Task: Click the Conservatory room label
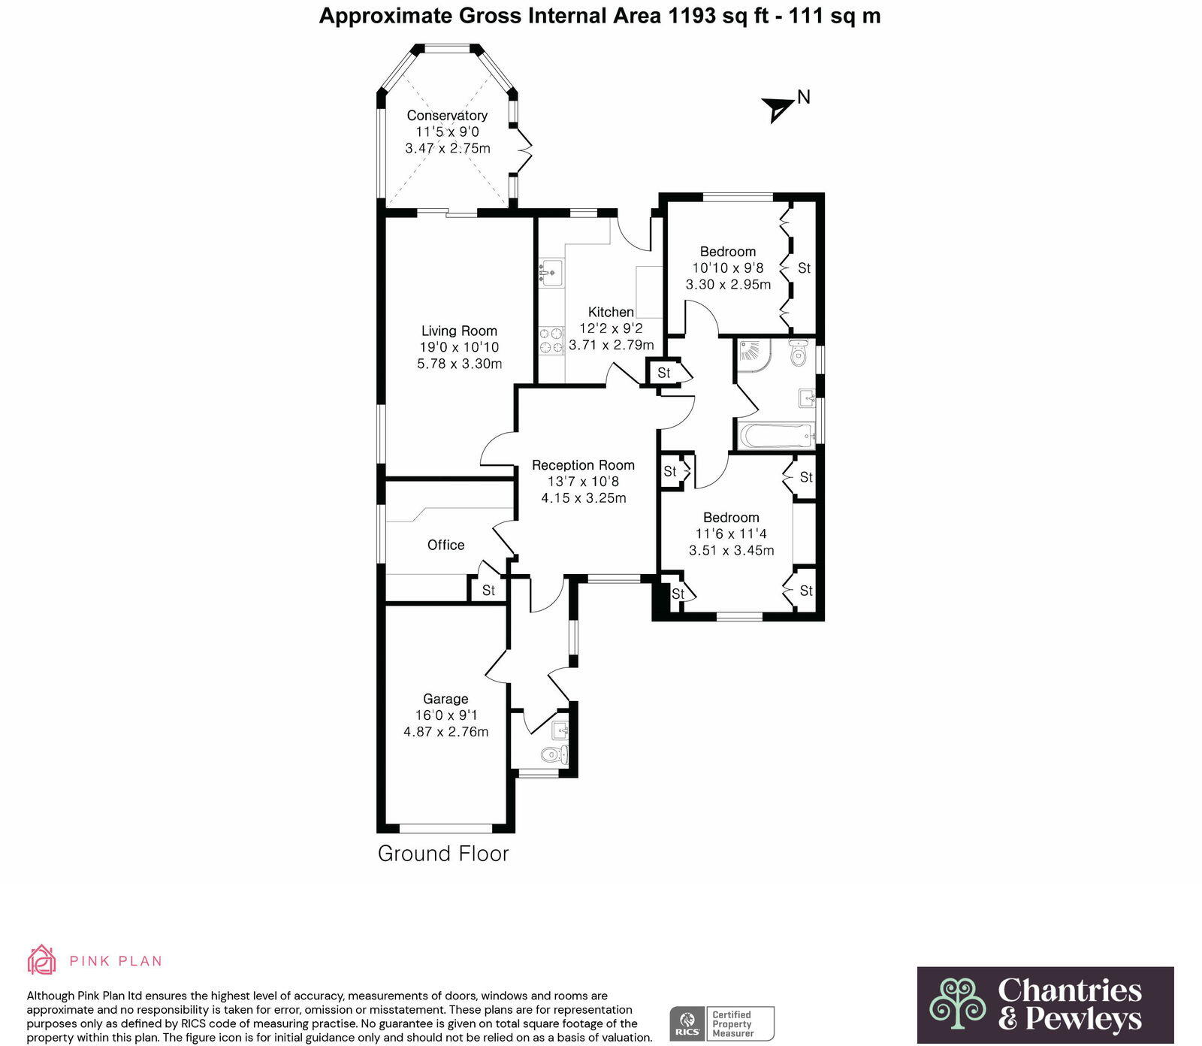point(447,116)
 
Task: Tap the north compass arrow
point(778,109)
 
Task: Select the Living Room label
point(459,331)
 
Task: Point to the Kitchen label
point(611,312)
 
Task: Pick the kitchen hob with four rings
point(551,340)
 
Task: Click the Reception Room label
point(583,465)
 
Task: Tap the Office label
point(445,545)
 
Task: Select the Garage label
point(445,699)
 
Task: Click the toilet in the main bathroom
point(799,353)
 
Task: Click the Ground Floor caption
point(443,854)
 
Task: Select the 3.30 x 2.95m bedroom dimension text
point(728,285)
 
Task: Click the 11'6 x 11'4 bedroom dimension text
point(731,534)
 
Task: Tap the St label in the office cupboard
point(488,590)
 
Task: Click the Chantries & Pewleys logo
point(1045,1005)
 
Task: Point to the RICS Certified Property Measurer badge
point(721,1023)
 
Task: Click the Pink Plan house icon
point(41,960)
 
